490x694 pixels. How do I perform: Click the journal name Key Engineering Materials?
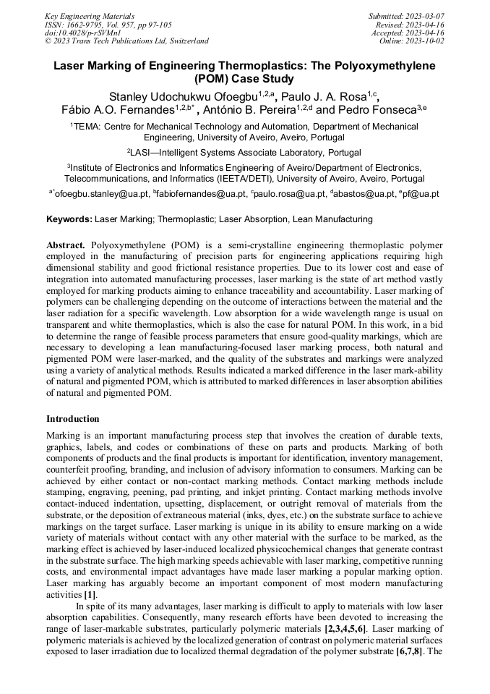[90, 16]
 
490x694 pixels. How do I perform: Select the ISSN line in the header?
[108, 25]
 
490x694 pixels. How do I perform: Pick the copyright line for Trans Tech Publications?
[126, 42]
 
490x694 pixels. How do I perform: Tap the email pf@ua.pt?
[419, 194]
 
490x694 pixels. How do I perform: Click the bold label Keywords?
[69, 219]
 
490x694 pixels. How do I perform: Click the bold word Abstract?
[66, 245]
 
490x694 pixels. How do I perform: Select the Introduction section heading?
[73, 419]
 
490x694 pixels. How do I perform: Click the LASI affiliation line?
[244, 153]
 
